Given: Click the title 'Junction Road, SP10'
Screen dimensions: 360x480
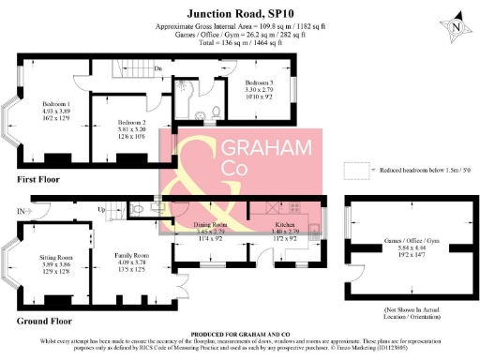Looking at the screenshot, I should click(x=240, y=13).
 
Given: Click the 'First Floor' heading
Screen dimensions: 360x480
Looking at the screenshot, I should click(x=38, y=178).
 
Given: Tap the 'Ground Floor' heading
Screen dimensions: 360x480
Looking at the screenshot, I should click(x=45, y=320).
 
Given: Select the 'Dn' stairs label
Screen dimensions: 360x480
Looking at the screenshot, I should click(x=158, y=68).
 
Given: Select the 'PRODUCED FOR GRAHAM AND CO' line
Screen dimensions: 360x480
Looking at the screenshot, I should click(x=240, y=333).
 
